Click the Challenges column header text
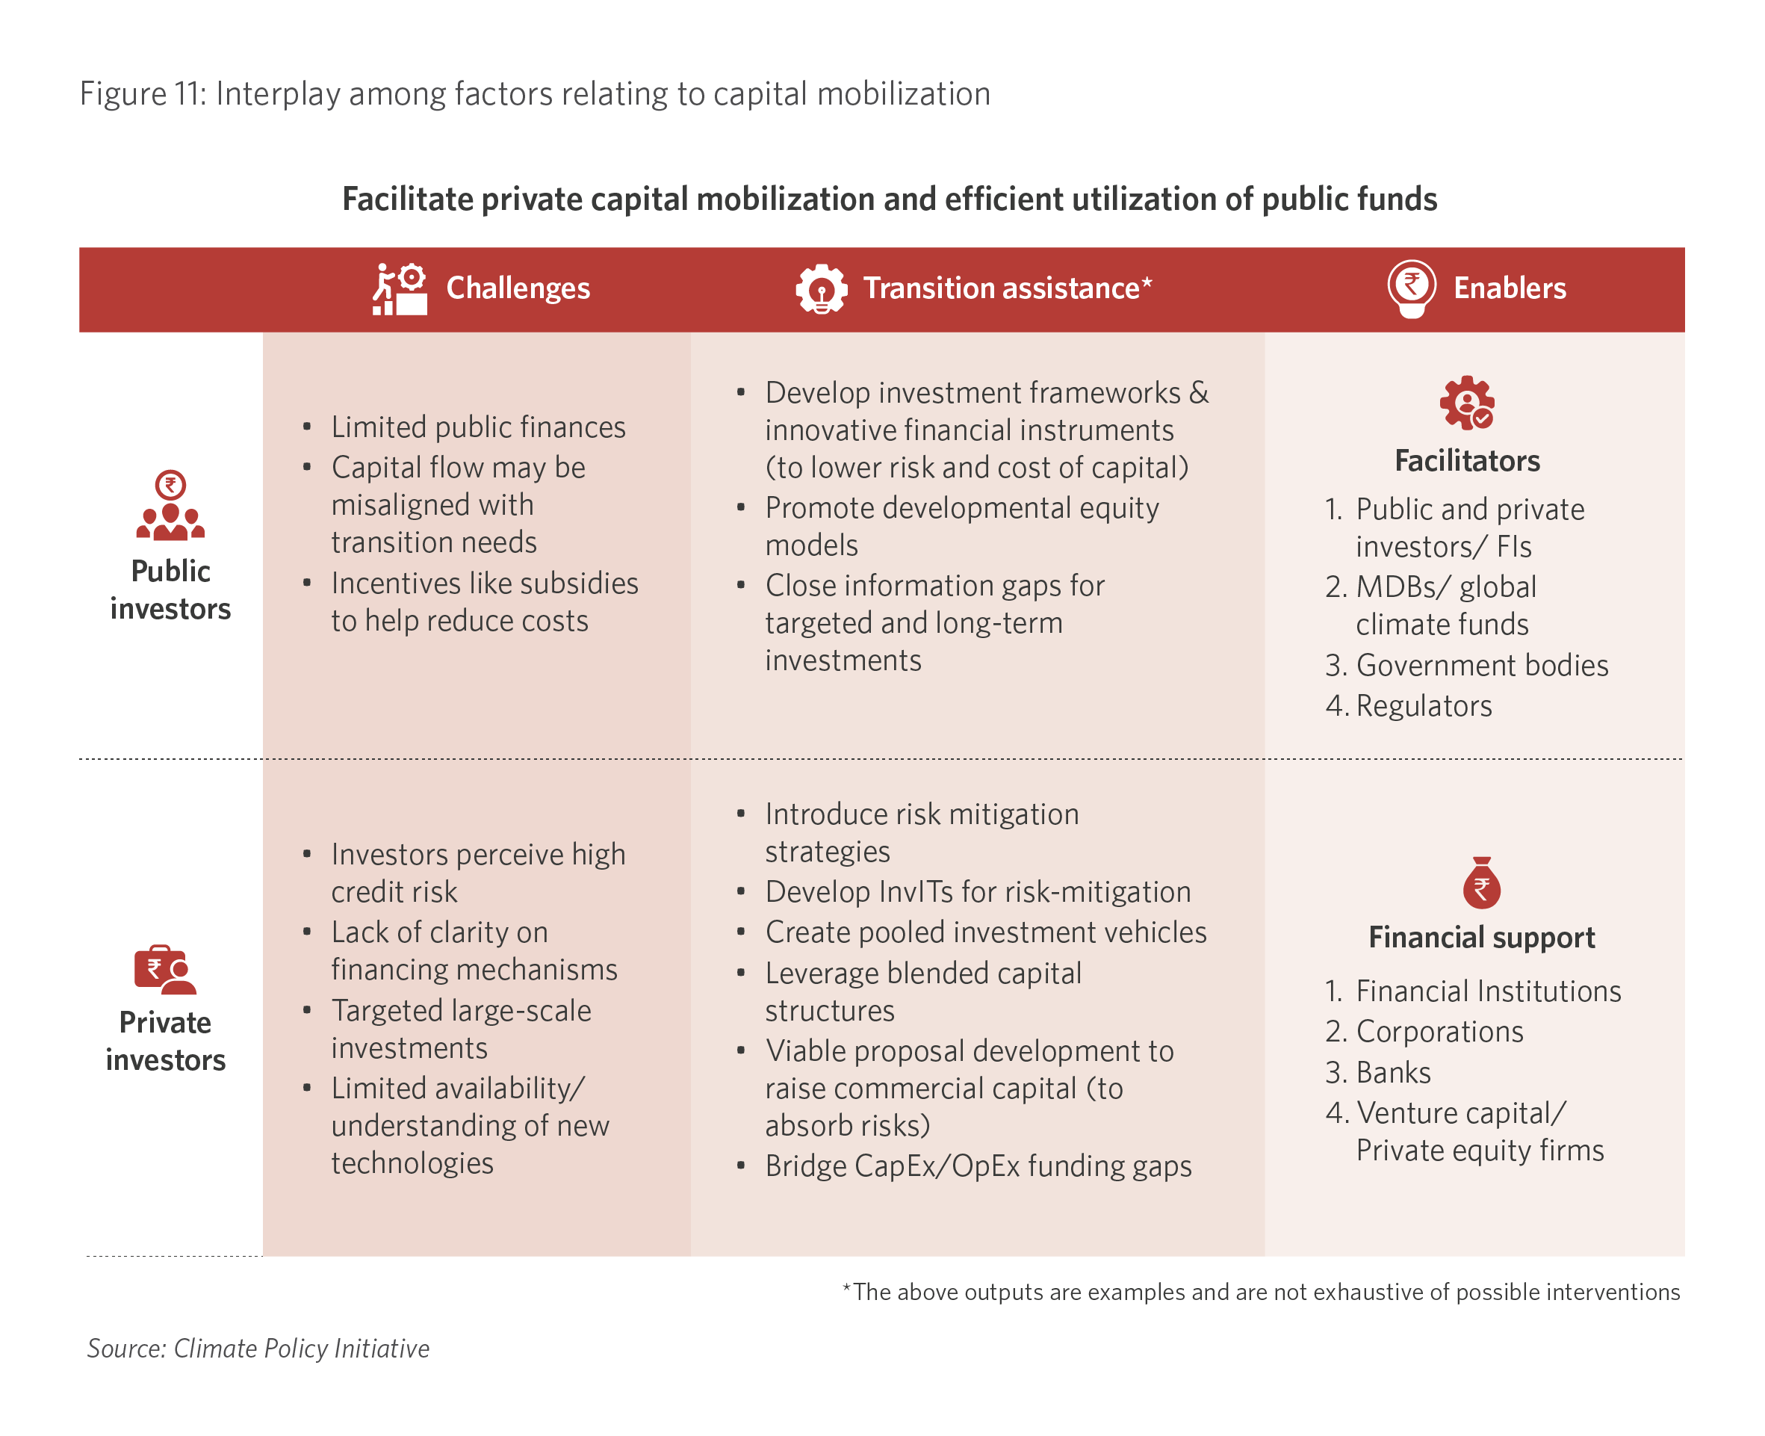click(x=518, y=288)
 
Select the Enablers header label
click(x=1509, y=288)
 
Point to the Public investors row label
click(x=170, y=589)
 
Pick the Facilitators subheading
click(x=1466, y=461)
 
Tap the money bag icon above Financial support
click(x=1481, y=882)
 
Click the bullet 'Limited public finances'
click(x=478, y=427)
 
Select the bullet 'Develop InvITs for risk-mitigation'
click(x=978, y=892)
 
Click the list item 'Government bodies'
click(x=1481, y=665)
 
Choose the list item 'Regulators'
click(x=1424, y=705)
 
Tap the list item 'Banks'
click(x=1393, y=1072)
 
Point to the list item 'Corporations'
click(x=1439, y=1032)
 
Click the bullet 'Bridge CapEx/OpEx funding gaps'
click(x=978, y=1166)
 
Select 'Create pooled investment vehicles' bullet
click(x=985, y=932)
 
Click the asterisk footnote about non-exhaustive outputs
click(x=1261, y=1292)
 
